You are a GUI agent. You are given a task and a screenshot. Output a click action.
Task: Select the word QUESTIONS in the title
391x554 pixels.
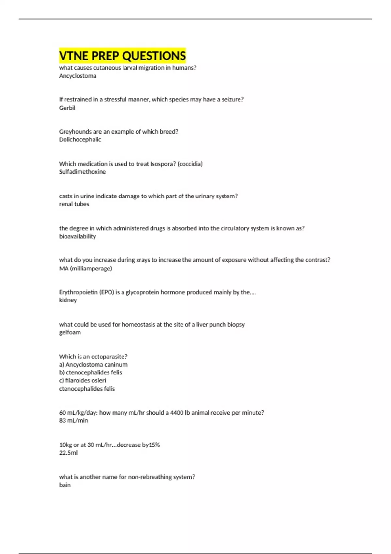point(154,56)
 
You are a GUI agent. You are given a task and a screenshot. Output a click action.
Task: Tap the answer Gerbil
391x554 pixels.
point(67,108)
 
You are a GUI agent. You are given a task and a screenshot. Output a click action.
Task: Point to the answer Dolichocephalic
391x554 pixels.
point(80,139)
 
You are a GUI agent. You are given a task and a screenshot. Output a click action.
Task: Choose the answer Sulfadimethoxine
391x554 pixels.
point(82,172)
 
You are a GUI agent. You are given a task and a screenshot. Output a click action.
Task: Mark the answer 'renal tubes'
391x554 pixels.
point(74,204)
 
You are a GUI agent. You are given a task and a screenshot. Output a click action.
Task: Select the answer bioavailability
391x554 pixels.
point(78,236)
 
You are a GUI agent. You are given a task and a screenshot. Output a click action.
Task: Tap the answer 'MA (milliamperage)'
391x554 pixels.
point(85,269)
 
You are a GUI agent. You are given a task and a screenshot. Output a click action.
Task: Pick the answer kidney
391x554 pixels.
point(68,300)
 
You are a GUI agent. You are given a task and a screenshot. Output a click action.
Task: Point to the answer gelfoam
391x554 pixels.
point(70,332)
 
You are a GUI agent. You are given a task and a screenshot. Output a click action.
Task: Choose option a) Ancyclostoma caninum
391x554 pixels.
point(93,365)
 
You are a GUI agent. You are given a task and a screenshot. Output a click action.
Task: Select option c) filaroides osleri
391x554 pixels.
point(83,380)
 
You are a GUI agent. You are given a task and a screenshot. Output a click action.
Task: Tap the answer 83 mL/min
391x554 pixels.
point(74,420)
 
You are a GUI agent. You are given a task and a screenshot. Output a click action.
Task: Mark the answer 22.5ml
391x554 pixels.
point(68,453)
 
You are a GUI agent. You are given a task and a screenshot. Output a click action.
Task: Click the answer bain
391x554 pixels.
point(65,485)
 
